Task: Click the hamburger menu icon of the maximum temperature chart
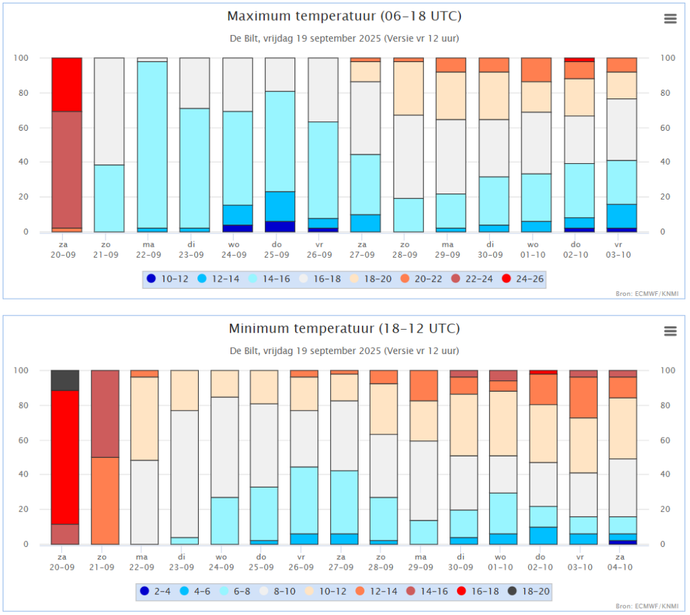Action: tap(670, 18)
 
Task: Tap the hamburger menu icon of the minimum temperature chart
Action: tap(670, 331)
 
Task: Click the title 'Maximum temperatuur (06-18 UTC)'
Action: tap(344, 16)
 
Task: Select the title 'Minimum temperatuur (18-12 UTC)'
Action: tap(344, 328)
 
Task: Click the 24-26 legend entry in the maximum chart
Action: tap(523, 279)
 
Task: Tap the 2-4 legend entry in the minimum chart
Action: tap(155, 591)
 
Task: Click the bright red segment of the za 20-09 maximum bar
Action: tap(67, 84)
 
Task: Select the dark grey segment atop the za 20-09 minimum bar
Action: tap(65, 380)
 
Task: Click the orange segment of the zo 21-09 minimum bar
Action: tap(105, 500)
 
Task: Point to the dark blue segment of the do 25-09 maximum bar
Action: tap(280, 227)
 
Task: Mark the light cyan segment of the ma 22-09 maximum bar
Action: tap(152, 144)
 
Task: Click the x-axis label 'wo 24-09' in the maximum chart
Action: tap(234, 250)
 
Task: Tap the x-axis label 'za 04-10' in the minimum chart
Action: tap(620, 562)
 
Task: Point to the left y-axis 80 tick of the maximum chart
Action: tap(24, 93)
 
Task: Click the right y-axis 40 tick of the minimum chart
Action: tap(665, 474)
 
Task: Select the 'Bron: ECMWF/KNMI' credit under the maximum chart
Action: tap(647, 294)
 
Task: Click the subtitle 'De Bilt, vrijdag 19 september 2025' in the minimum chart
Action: tap(306, 351)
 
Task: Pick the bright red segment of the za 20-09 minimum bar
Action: tap(65, 457)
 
